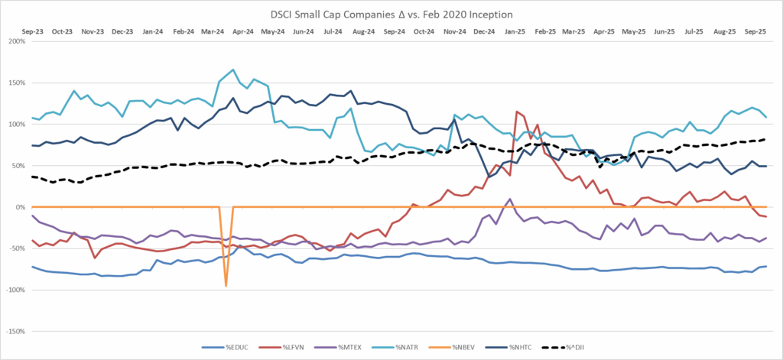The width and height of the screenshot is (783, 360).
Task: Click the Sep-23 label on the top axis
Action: tap(32, 32)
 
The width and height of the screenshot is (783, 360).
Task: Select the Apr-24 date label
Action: tap(242, 32)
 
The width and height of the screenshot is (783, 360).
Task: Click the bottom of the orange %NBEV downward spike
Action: tap(226, 286)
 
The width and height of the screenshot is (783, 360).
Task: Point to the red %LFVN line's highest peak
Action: tap(518, 112)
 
